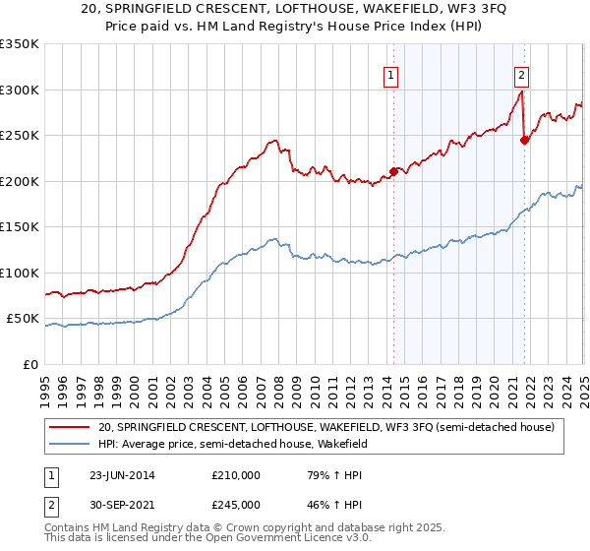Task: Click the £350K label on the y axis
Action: pos(20,44)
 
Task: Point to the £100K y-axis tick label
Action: pos(20,273)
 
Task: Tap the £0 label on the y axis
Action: pos(29,364)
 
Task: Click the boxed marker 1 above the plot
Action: pos(391,74)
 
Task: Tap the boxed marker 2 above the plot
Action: pos(520,74)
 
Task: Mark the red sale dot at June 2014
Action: pos(393,171)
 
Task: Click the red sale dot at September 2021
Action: pos(524,140)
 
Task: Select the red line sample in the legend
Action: pos(69,427)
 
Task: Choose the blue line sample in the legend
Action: pos(69,444)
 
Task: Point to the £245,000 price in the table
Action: pos(235,505)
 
